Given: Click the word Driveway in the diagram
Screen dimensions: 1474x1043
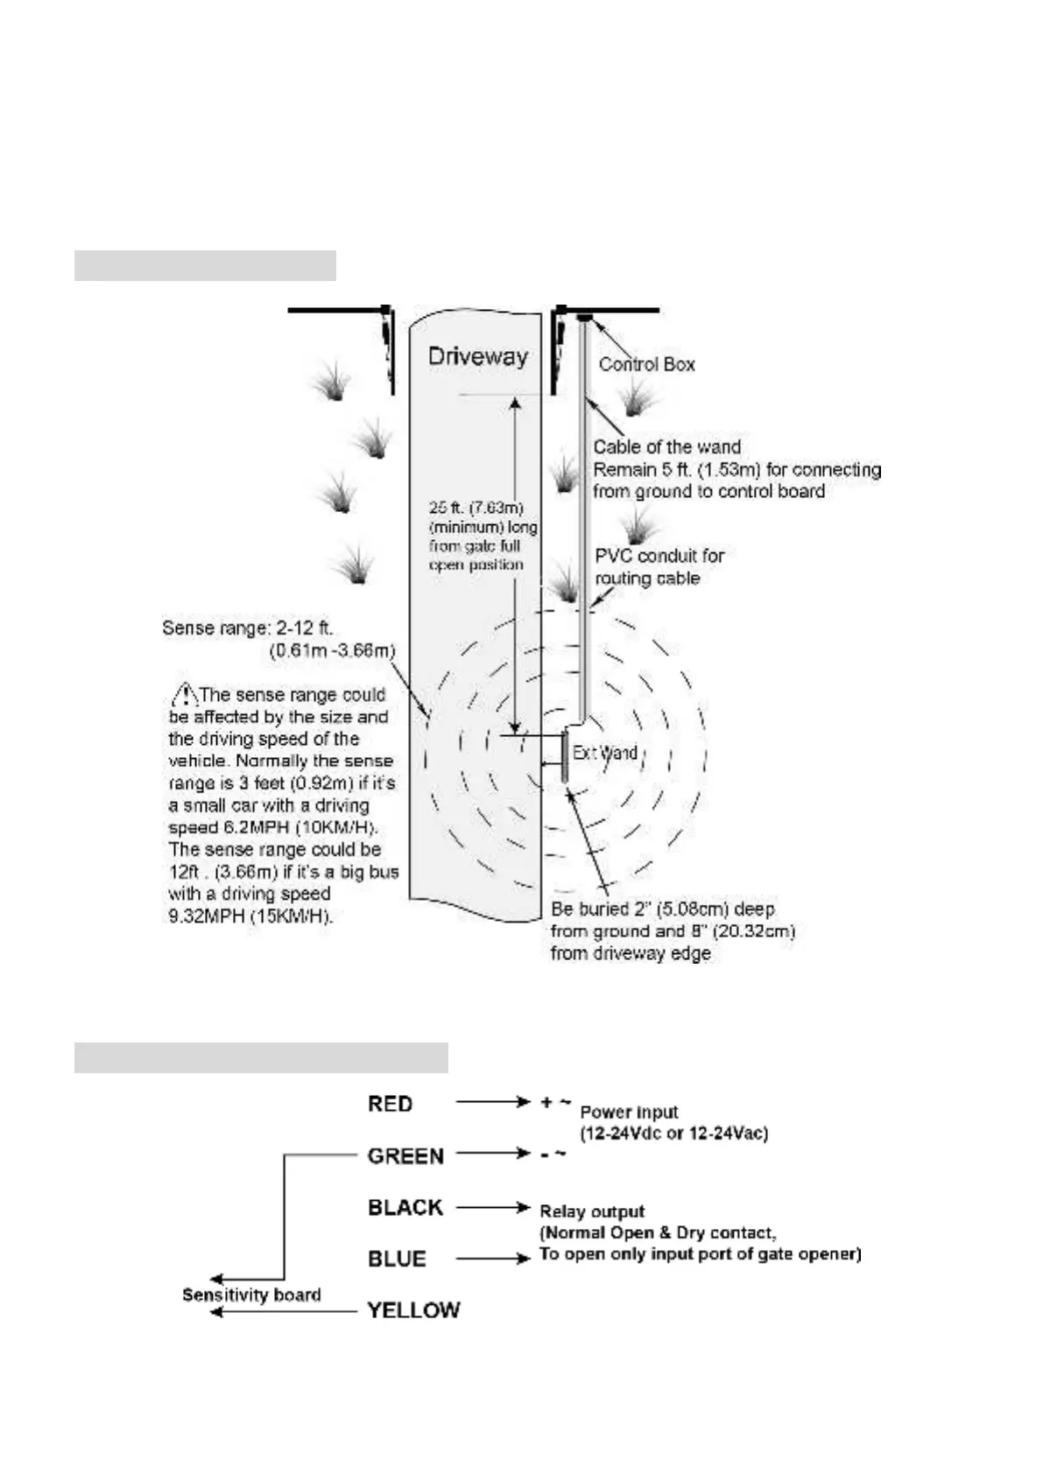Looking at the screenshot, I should click(x=477, y=357).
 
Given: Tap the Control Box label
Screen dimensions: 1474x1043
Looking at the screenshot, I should click(x=646, y=364).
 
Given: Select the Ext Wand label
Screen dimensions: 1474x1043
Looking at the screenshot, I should click(x=604, y=753).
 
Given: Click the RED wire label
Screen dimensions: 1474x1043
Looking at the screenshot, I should click(x=390, y=1104).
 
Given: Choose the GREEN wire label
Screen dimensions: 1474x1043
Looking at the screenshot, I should click(x=405, y=1155).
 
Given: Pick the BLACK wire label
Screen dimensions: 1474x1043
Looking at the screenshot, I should click(x=405, y=1207).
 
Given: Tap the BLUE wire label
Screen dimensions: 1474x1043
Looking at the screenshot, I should click(x=397, y=1259).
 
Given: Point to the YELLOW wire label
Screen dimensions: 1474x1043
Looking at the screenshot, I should click(x=413, y=1310).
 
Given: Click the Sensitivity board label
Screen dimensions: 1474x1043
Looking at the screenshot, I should click(x=251, y=1295).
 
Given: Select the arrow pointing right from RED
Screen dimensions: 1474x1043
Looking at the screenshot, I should click(x=493, y=1103).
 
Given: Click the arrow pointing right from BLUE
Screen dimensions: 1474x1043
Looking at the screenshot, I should click(x=493, y=1259).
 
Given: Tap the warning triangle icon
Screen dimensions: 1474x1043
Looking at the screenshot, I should click(x=184, y=695).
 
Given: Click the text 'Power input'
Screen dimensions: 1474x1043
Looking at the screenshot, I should click(x=629, y=1113).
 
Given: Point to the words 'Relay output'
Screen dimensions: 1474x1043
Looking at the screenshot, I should click(x=592, y=1211).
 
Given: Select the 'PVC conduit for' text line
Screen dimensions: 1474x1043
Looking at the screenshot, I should click(x=659, y=556).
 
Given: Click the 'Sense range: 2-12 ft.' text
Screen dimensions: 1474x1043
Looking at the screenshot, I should click(x=248, y=628).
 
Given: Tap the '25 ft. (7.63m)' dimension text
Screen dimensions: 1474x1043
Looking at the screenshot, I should click(x=476, y=508).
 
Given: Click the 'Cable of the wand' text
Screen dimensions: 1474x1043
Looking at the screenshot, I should click(x=666, y=447).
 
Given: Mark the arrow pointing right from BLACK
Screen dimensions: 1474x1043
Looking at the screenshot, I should click(x=493, y=1207).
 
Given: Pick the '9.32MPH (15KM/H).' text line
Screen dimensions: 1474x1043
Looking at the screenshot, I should click(x=250, y=916).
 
